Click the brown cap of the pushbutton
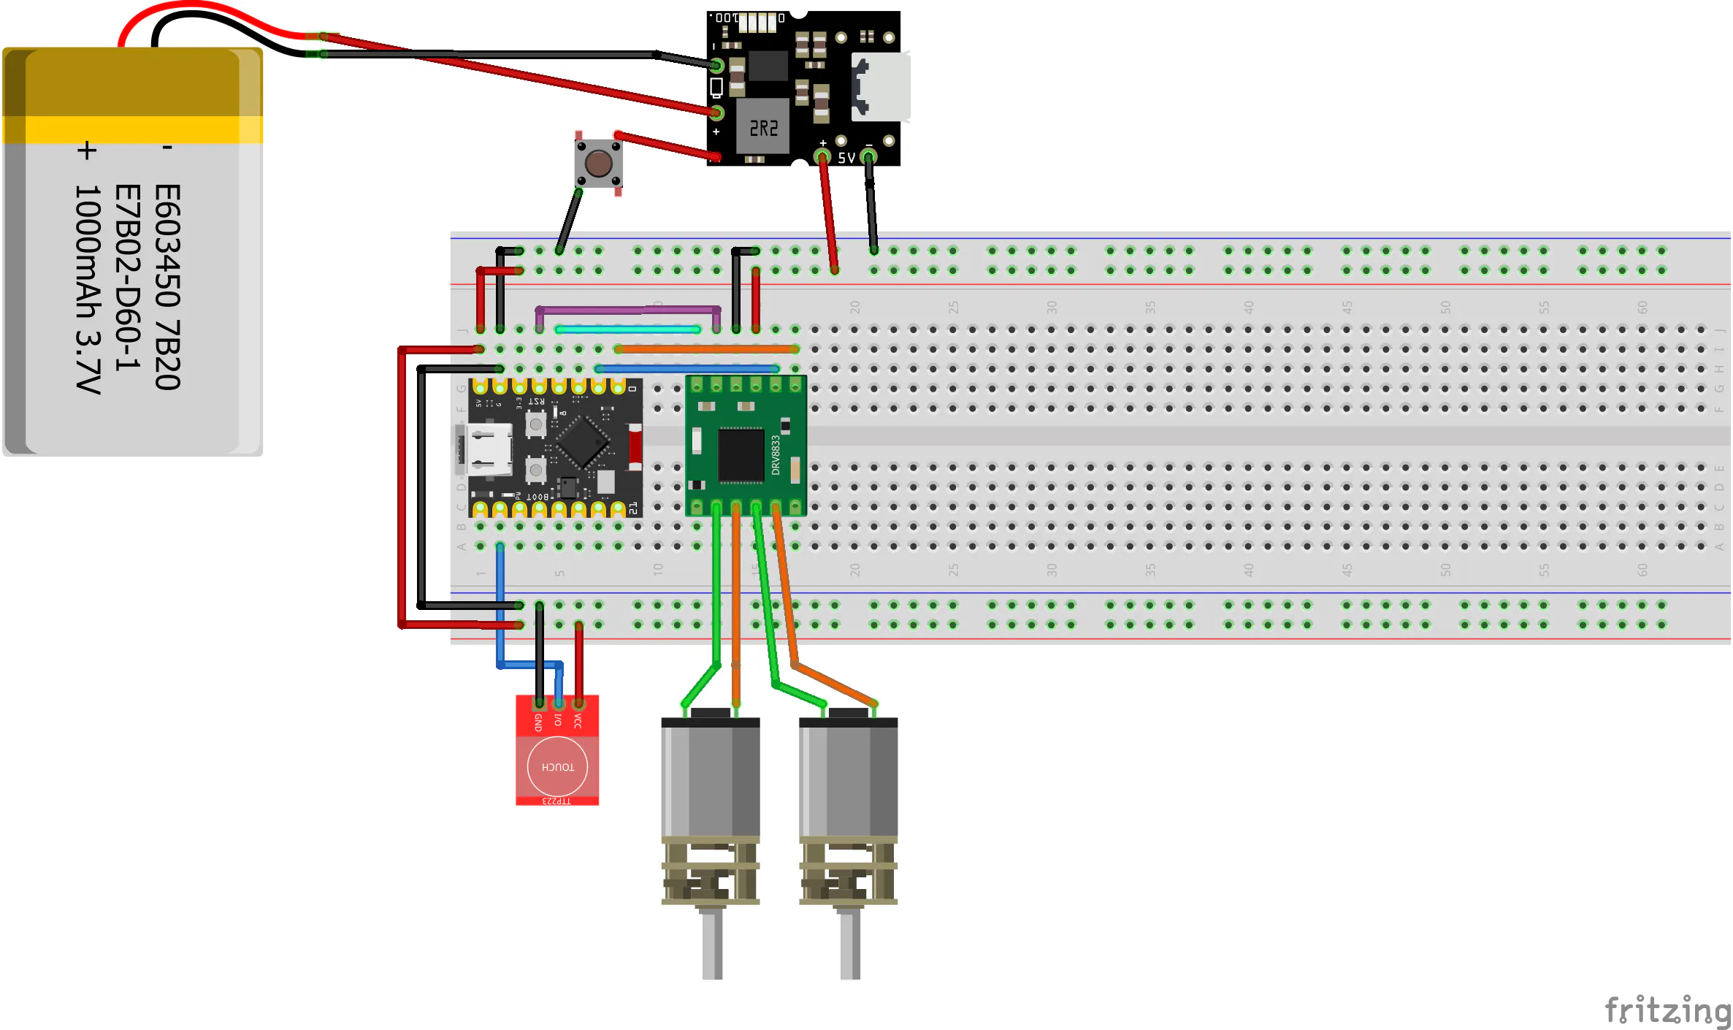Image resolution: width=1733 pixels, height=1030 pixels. point(598,164)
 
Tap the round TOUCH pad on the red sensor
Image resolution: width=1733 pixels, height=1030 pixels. point(557,766)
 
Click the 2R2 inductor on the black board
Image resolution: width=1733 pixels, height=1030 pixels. point(763,129)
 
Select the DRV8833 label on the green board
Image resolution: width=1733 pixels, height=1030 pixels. point(776,455)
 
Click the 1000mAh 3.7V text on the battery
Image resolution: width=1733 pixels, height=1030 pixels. point(88,289)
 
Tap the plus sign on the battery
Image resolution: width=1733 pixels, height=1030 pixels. point(87,150)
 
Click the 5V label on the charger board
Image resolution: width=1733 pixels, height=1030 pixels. point(846,158)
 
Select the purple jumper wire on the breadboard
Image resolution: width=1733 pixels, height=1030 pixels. point(628,310)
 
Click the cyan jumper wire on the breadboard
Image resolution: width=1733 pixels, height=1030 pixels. point(628,329)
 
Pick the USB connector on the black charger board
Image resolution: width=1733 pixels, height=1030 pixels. point(881,86)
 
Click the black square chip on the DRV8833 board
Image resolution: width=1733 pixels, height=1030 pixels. point(741,455)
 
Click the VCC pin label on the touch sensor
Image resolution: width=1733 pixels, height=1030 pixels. point(578,722)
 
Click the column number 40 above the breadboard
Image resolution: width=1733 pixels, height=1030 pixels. point(1249,308)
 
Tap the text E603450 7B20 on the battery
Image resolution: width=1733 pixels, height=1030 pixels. point(167,287)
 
